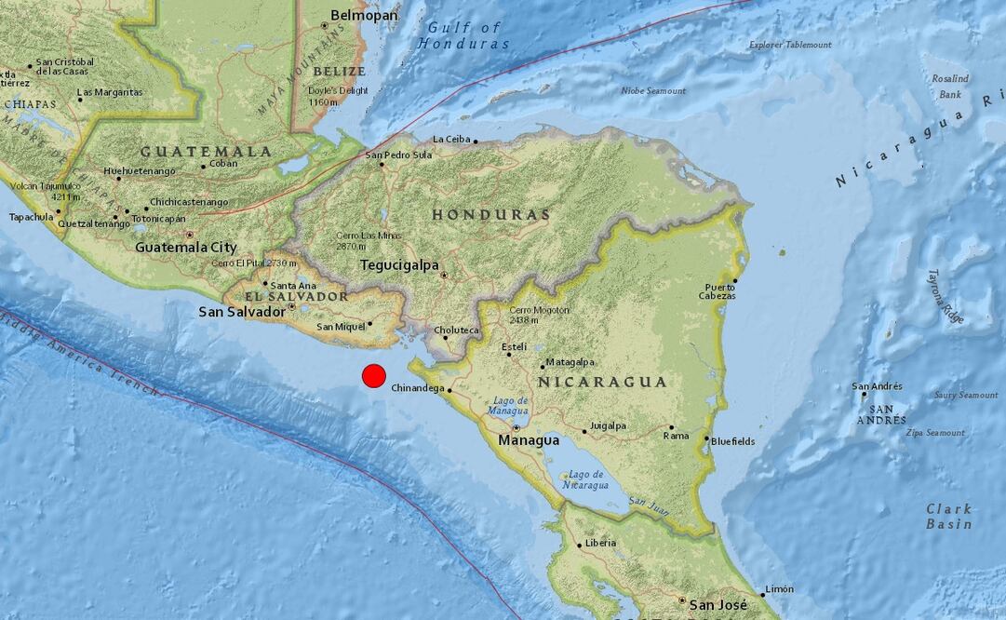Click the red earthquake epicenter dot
tap(373, 375)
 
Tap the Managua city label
tap(529, 440)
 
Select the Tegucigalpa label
tap(399, 265)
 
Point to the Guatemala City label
tap(185, 248)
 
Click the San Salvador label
tap(242, 312)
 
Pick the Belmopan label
tap(365, 15)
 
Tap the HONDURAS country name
tap(490, 215)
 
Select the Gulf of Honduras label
tap(464, 35)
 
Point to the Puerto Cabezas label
tap(719, 291)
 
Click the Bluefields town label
tap(733, 441)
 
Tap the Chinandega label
tap(417, 388)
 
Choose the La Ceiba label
tap(452, 140)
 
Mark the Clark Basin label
tap(948, 517)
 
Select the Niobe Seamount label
tap(653, 90)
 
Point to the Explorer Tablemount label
tap(790, 44)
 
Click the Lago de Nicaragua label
tap(588, 480)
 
